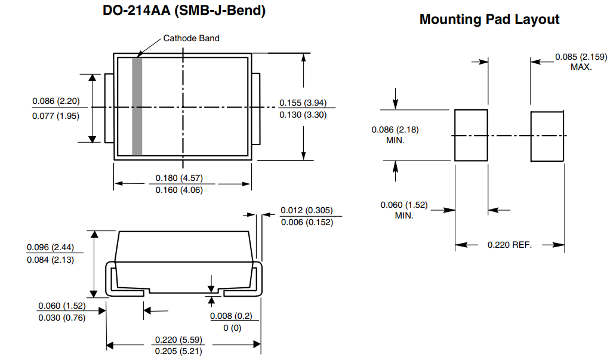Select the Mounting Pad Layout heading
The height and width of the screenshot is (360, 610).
489,19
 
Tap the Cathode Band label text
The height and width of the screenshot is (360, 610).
191,38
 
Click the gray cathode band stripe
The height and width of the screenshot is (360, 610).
137,106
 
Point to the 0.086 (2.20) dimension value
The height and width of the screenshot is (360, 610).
56,101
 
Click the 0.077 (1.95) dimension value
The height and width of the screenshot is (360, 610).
56,115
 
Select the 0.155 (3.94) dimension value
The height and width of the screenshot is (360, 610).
303,102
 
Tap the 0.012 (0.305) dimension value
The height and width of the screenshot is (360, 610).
307,210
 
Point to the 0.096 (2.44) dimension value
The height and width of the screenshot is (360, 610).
51,247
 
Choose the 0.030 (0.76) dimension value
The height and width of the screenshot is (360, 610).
61,318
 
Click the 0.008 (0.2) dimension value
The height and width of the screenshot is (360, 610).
231,316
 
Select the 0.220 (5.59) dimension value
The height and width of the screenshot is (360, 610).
178,340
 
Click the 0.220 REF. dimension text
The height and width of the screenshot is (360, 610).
509,245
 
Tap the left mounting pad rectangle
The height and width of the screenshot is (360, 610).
471,135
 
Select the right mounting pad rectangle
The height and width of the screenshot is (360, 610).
547,136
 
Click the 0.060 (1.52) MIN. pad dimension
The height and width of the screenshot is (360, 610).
404,210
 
